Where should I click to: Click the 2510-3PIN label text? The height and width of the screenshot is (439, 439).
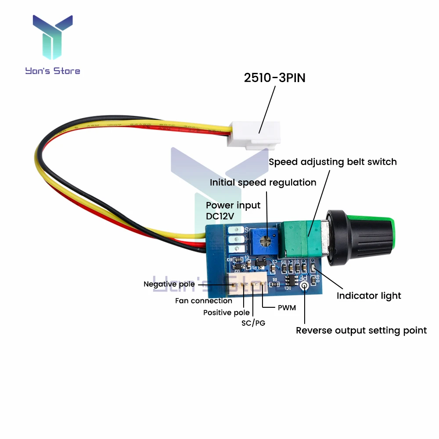(274, 78)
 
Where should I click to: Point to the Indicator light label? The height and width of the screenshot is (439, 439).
(369, 296)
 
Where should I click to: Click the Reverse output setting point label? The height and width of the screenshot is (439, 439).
(361, 331)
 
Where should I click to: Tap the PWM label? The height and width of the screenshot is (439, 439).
(287, 308)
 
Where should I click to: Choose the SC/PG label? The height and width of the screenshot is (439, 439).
(253, 323)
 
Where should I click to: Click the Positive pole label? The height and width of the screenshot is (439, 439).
(226, 313)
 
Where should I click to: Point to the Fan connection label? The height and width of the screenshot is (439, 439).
(203, 301)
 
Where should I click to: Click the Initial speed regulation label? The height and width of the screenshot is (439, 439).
(263, 183)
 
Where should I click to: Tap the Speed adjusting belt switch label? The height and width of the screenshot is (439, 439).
(332, 162)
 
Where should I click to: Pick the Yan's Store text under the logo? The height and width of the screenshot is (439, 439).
(53, 70)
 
